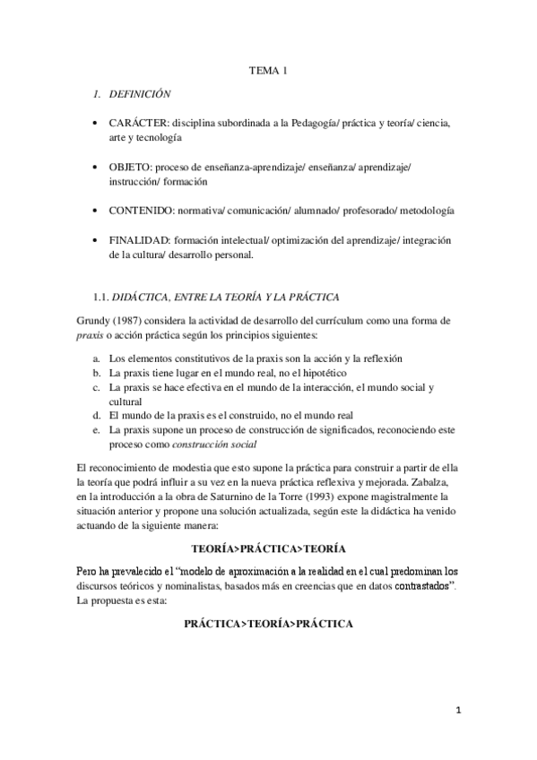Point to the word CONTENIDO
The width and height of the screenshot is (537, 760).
(x=146, y=211)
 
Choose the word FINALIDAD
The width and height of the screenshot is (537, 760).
(x=143, y=242)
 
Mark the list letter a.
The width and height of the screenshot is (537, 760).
(x=97, y=358)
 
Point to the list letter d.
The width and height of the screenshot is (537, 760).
(x=97, y=416)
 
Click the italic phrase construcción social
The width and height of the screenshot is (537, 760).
(x=214, y=444)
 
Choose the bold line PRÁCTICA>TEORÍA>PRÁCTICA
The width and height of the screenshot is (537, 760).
(x=268, y=623)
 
